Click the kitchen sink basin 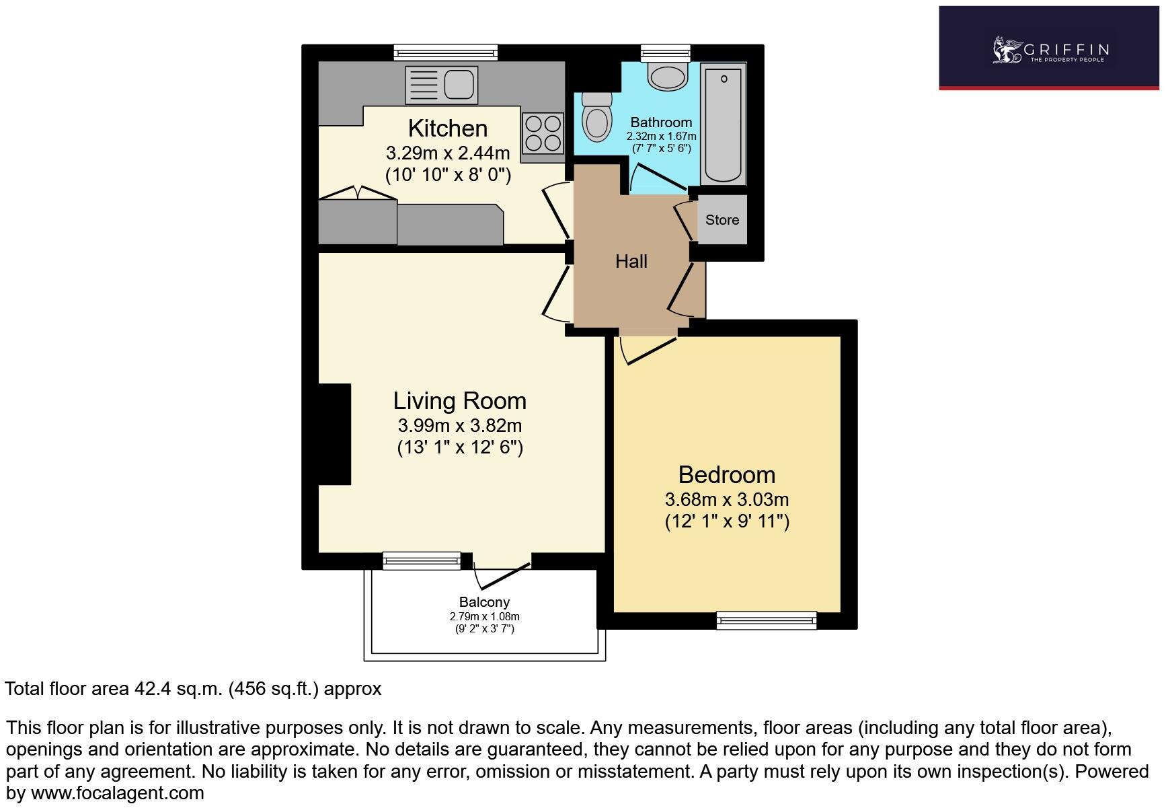pyautogui.click(x=461, y=85)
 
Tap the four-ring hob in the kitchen pyautogui.click(x=543, y=133)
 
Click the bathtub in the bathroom pyautogui.click(x=724, y=125)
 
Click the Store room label pyautogui.click(x=722, y=220)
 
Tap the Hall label pyautogui.click(x=631, y=262)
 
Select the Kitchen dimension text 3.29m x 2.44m pyautogui.click(x=448, y=153)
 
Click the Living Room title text pyautogui.click(x=459, y=401)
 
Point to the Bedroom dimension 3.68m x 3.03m pyautogui.click(x=726, y=500)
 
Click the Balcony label pyautogui.click(x=484, y=602)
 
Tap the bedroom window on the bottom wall pyautogui.click(x=766, y=620)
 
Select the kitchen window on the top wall pyautogui.click(x=445, y=52)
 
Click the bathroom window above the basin pyautogui.click(x=665, y=52)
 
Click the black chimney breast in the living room pyautogui.click(x=335, y=434)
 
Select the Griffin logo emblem pyautogui.click(x=1006, y=50)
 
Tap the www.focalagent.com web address pyautogui.click(x=118, y=793)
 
